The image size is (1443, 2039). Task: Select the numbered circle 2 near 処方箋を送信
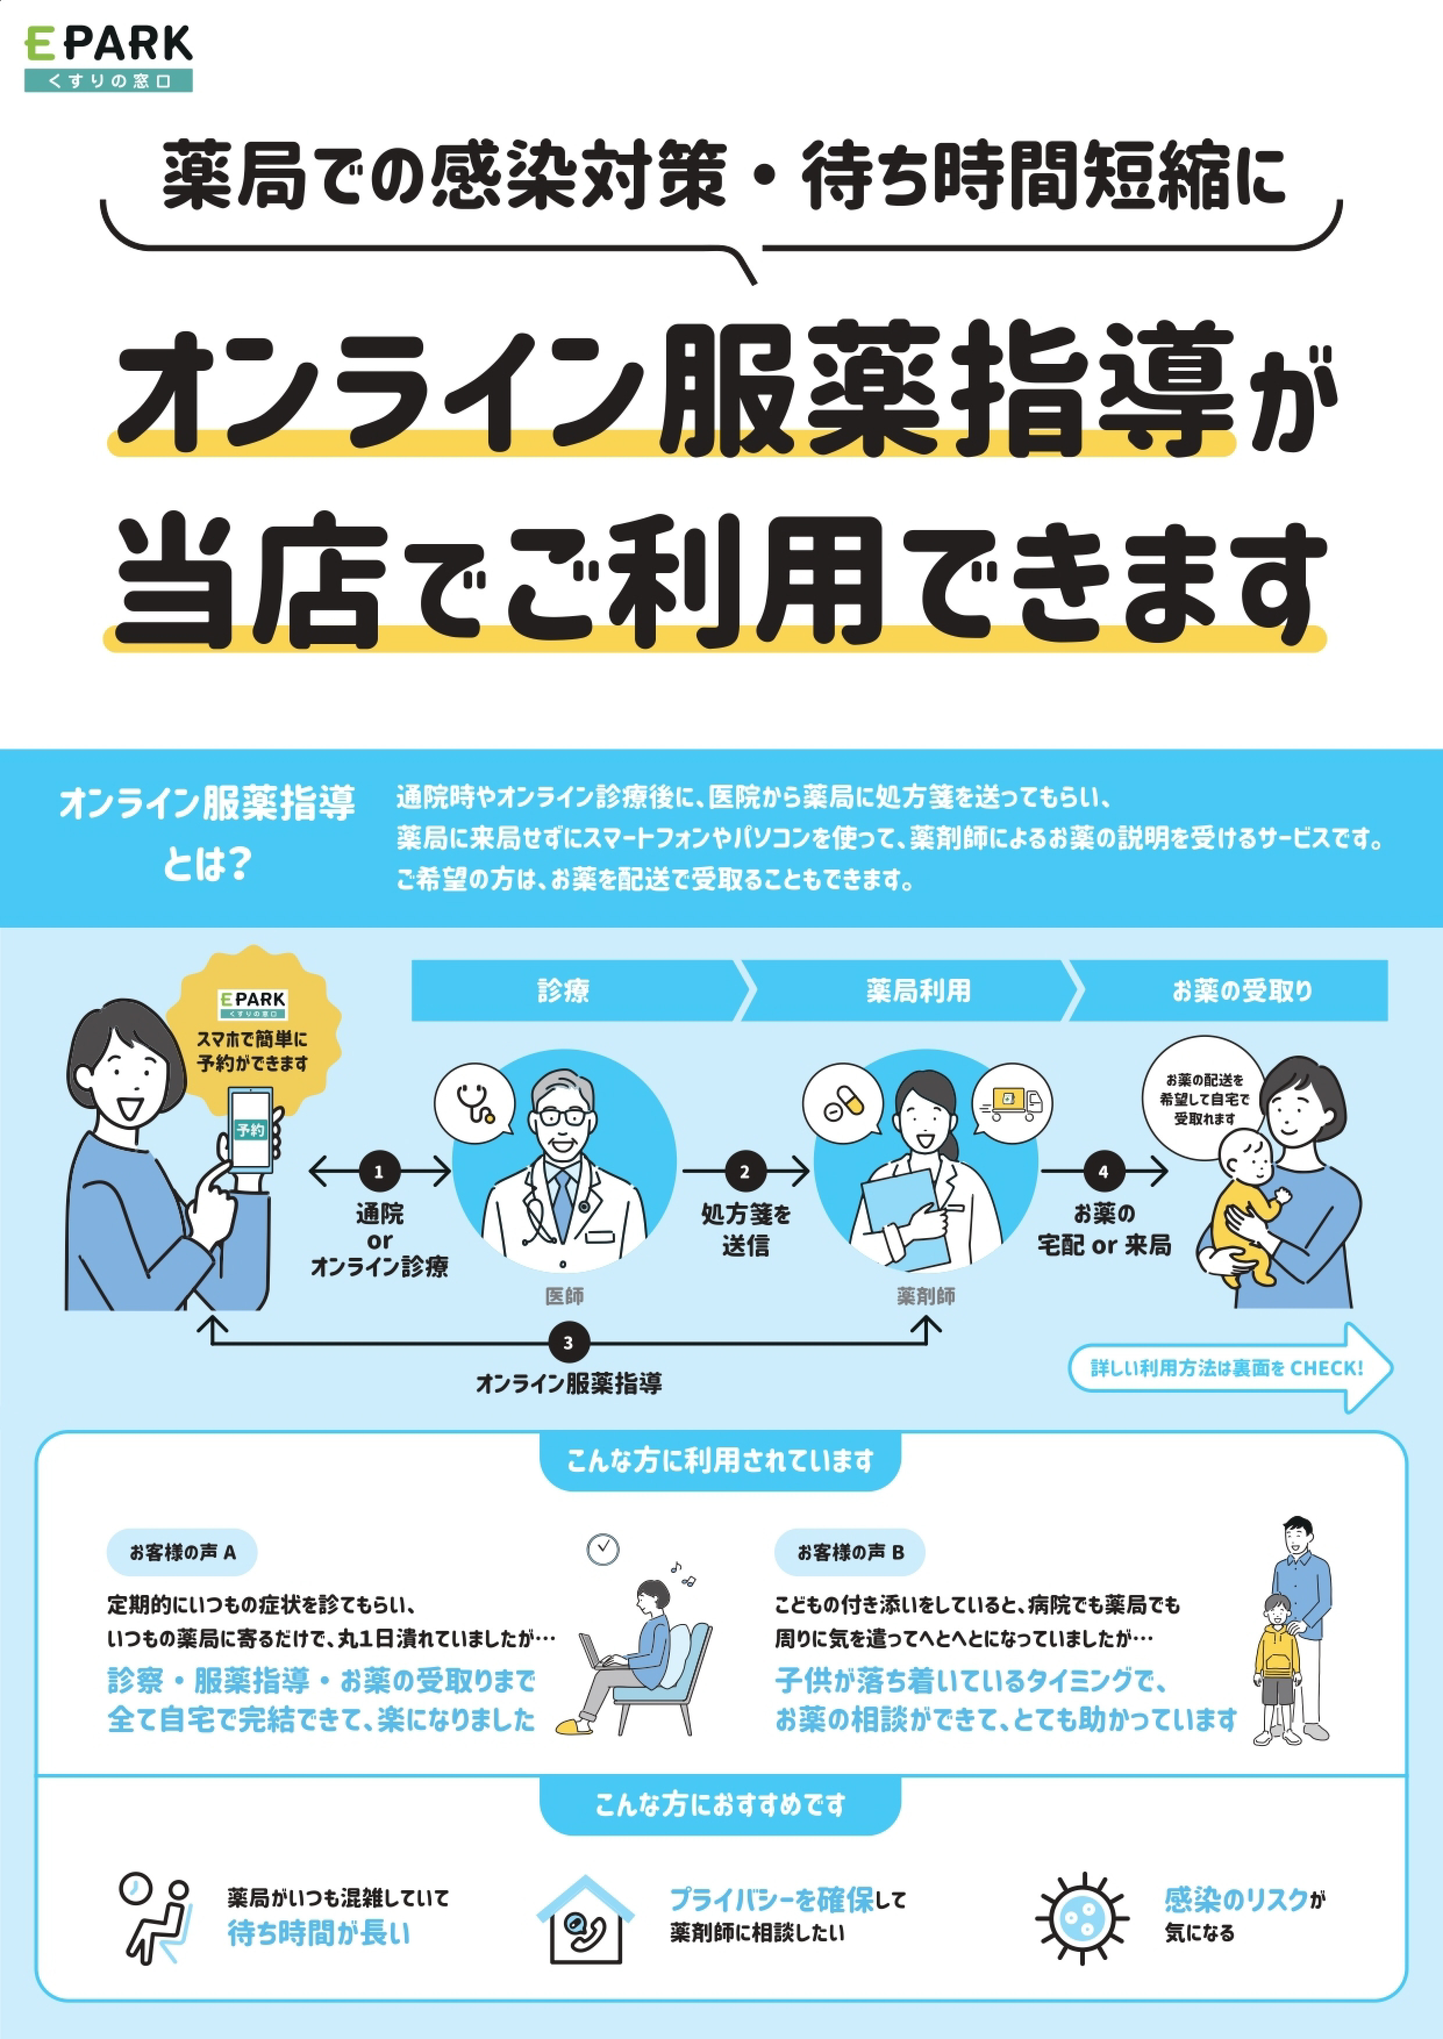pyautogui.click(x=745, y=1171)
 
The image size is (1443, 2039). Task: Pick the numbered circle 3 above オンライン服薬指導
pyautogui.click(x=568, y=1343)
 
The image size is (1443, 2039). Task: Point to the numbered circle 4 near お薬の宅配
pyautogui.click(x=1103, y=1171)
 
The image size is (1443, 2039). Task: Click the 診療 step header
pyautogui.click(x=563, y=990)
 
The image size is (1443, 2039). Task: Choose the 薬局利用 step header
pyautogui.click(x=918, y=990)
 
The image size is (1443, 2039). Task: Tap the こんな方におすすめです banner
pyautogui.click(x=720, y=1805)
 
